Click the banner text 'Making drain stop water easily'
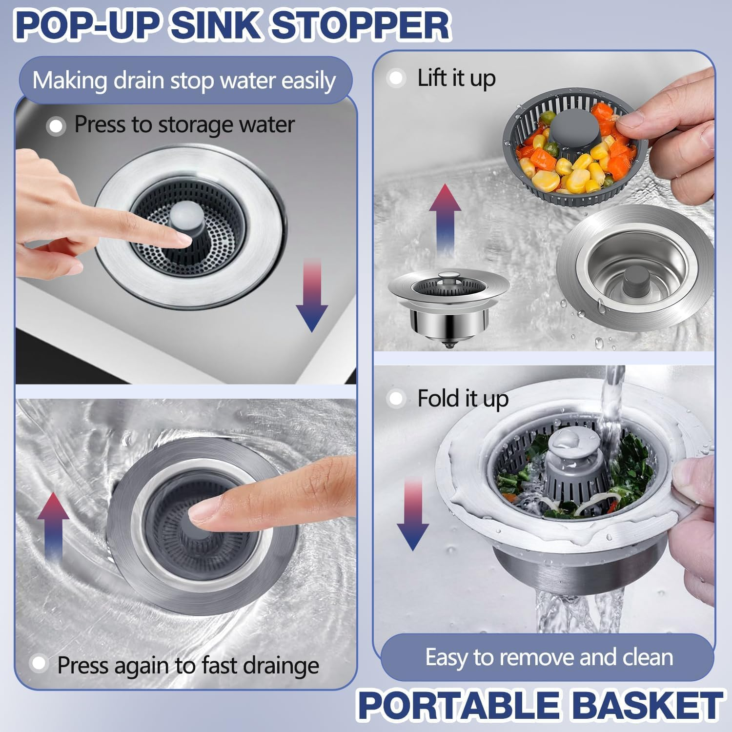click(x=184, y=81)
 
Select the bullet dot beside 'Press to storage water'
click(x=56, y=126)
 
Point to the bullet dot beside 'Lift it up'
click(x=396, y=78)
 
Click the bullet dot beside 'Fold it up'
click(x=396, y=399)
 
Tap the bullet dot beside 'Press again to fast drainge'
click(x=38, y=664)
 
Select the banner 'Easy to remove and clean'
click(x=549, y=657)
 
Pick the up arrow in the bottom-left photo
click(x=53, y=527)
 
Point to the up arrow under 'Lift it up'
click(x=445, y=220)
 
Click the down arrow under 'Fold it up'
click(x=412, y=515)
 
